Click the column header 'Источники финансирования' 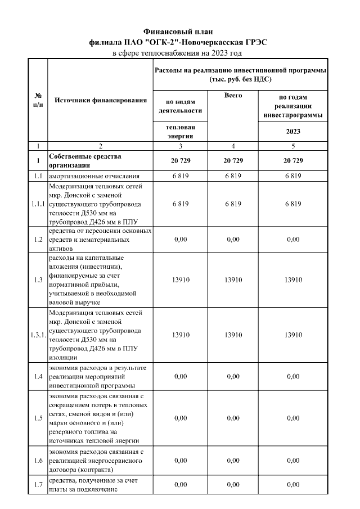pyautogui.click(x=100, y=100)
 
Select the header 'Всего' pyautogui.click(x=233, y=96)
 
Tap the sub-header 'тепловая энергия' pyautogui.click(x=180, y=132)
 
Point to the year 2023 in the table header pyautogui.click(x=292, y=132)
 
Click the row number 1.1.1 pyautogui.click(x=38, y=204)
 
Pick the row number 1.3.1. pyautogui.click(x=38, y=335)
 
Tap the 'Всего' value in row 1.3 pyautogui.click(x=233, y=280)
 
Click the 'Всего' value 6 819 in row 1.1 pyautogui.click(x=233, y=176)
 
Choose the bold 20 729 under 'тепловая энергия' pyautogui.click(x=180, y=161)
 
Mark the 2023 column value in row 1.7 pyautogui.click(x=292, y=484)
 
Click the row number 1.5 pyautogui.click(x=38, y=418)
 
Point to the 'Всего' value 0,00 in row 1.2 pyautogui.click(x=233, y=239)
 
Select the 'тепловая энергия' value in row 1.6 pyautogui.click(x=180, y=461)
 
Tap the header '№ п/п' pyautogui.click(x=38, y=100)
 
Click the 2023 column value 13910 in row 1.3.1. pyautogui.click(x=292, y=335)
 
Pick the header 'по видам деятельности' pyautogui.click(x=180, y=106)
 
